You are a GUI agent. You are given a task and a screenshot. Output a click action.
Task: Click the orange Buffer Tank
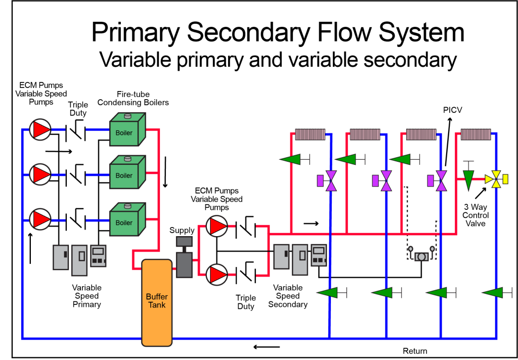click(157, 302)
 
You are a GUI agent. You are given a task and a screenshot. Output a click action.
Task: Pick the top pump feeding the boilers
click(40, 130)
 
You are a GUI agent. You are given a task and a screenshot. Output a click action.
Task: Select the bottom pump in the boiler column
click(40, 219)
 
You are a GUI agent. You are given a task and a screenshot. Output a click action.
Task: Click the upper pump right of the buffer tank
click(217, 226)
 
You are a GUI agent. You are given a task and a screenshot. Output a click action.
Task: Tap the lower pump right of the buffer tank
click(217, 275)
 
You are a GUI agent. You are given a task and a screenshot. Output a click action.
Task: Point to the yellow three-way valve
click(496, 179)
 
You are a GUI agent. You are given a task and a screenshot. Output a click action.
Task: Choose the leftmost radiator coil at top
click(310, 134)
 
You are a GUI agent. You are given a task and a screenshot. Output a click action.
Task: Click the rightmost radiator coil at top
click(476, 134)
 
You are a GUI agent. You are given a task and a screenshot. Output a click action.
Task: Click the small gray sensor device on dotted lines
click(421, 256)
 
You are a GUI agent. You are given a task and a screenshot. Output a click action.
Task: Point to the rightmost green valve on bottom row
click(493, 292)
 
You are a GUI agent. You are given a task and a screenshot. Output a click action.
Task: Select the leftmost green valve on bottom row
click(328, 292)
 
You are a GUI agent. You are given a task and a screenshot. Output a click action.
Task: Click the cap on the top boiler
click(127, 116)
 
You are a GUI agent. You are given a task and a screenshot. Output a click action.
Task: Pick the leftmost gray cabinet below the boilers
click(61, 257)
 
